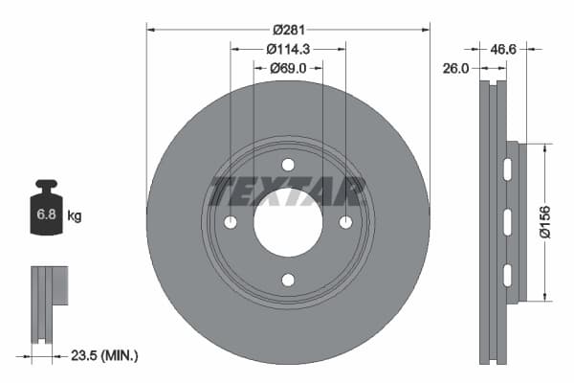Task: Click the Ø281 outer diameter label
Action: (x=289, y=30)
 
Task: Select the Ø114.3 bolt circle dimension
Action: (x=288, y=49)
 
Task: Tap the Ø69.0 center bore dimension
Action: (x=288, y=68)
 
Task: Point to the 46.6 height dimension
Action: (x=503, y=49)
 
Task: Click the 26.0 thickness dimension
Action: (x=455, y=68)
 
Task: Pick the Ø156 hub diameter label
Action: (x=545, y=222)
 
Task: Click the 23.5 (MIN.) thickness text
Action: (x=104, y=355)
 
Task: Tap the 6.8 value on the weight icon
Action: (x=46, y=214)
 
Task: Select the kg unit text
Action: (x=75, y=215)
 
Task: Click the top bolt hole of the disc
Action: (x=288, y=165)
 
